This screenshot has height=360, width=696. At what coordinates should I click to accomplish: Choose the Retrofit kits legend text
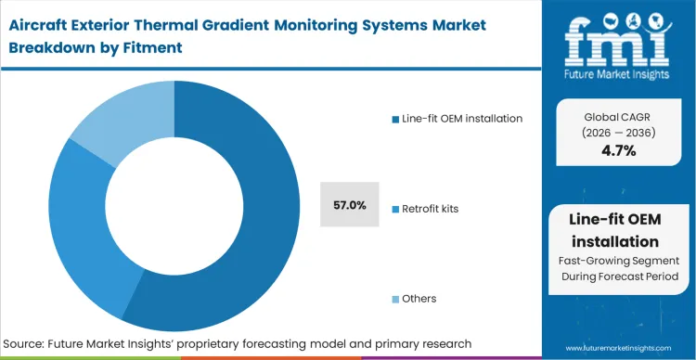430,209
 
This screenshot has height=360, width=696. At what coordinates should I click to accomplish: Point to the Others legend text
419,299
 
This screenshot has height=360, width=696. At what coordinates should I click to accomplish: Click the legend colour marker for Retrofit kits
395,209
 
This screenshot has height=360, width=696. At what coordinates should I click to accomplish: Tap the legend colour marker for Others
395,299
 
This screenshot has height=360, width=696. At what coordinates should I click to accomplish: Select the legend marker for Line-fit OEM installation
395,118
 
